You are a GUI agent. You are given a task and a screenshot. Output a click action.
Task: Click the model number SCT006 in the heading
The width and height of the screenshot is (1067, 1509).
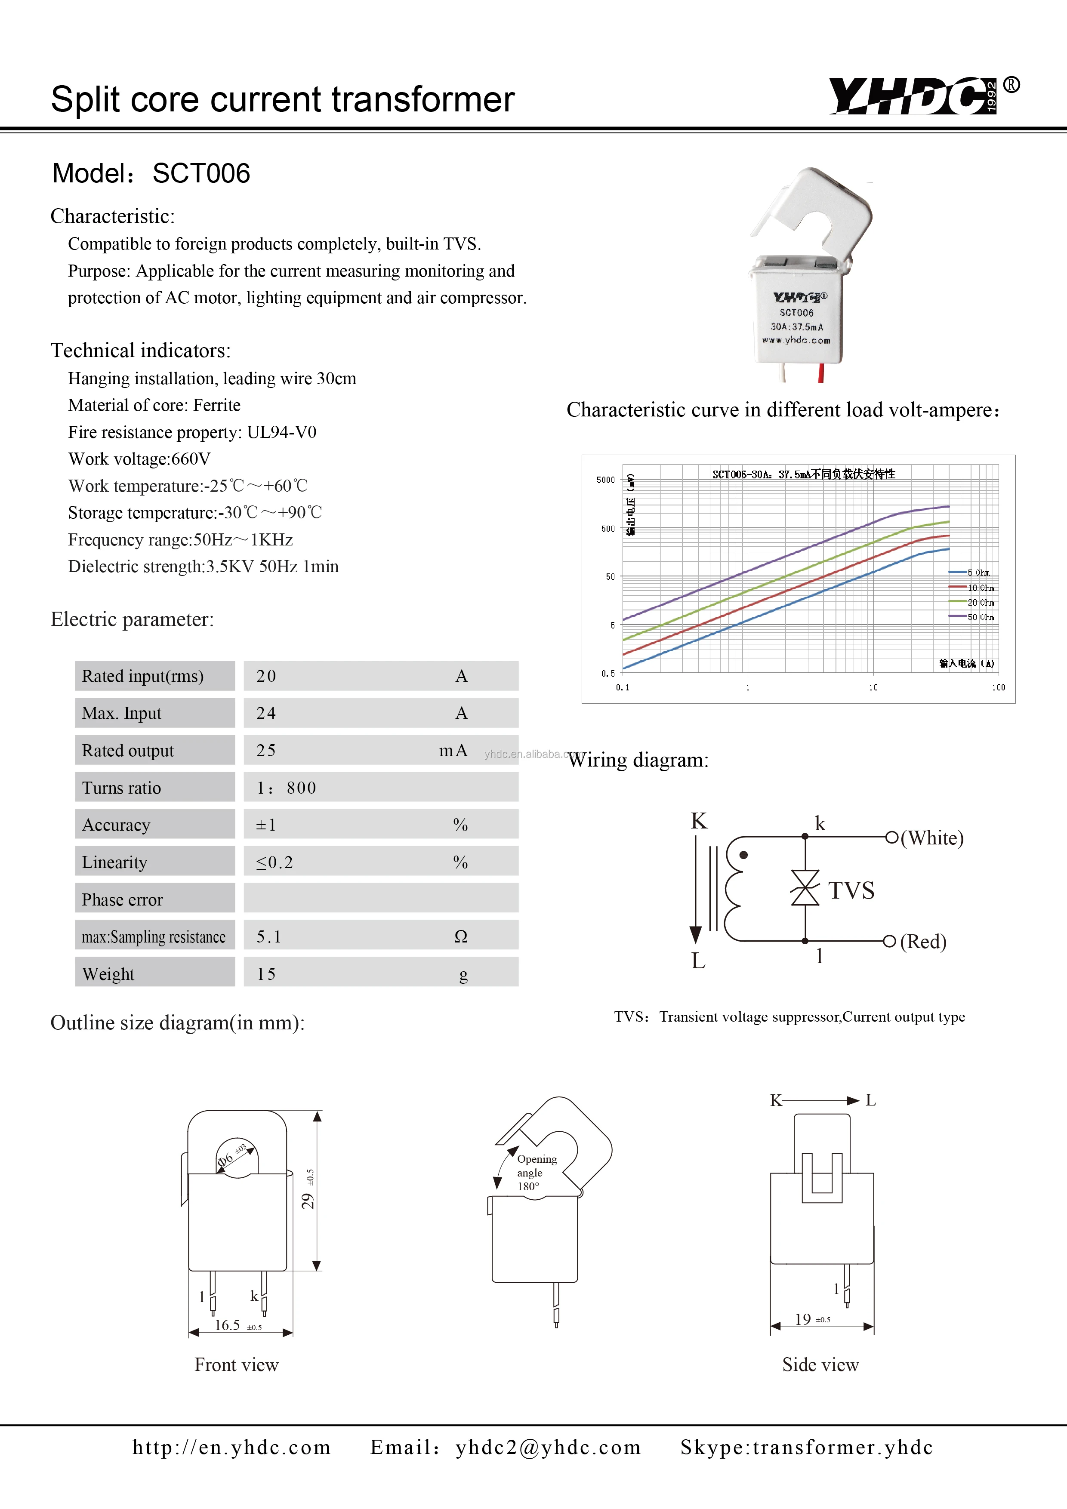(x=201, y=173)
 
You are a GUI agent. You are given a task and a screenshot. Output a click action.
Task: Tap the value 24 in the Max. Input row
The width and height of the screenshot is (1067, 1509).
(x=266, y=713)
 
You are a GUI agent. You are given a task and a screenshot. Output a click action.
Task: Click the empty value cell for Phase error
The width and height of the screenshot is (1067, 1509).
(x=381, y=899)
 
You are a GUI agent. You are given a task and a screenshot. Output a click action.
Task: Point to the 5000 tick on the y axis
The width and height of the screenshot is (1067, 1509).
(x=605, y=480)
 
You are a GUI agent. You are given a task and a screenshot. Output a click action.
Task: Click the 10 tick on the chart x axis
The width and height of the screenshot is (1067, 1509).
(x=873, y=687)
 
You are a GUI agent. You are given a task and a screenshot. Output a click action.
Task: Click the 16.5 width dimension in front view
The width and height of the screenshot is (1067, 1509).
(x=228, y=1325)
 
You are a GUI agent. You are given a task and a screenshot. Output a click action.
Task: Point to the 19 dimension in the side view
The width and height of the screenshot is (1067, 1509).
(x=803, y=1319)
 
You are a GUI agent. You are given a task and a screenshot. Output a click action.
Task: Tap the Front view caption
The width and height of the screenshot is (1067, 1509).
(x=237, y=1365)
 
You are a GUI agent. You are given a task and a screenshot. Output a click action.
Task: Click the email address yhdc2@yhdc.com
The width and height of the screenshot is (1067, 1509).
(x=548, y=1447)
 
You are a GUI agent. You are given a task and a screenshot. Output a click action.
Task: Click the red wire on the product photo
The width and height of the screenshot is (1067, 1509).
(x=820, y=373)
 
